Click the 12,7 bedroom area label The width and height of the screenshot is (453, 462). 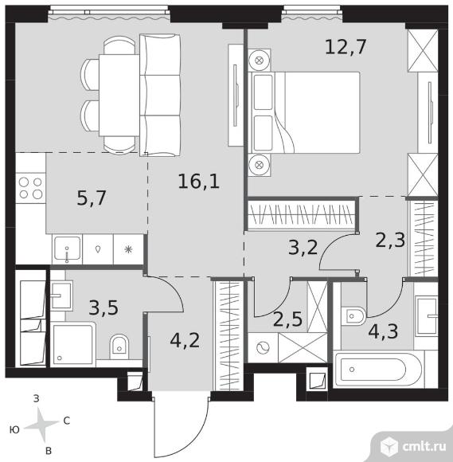(x=346, y=47)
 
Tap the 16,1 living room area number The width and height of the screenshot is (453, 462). (x=199, y=181)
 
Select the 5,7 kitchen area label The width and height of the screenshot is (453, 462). (x=92, y=198)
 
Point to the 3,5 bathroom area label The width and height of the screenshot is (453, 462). (x=103, y=307)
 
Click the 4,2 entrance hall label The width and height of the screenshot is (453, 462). (x=185, y=341)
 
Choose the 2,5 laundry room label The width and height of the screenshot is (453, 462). (x=287, y=319)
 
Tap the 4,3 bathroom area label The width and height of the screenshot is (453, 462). (x=383, y=331)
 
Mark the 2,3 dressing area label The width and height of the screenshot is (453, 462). (x=391, y=240)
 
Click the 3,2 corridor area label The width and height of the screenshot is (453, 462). (x=303, y=247)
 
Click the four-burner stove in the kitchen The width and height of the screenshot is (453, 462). (x=30, y=188)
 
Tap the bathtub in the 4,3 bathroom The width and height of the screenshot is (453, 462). (x=378, y=369)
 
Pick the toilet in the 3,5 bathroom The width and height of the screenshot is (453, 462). (x=119, y=346)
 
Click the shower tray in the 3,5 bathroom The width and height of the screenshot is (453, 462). (x=73, y=344)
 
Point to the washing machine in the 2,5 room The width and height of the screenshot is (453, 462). (x=263, y=348)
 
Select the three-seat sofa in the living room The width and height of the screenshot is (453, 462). (x=160, y=95)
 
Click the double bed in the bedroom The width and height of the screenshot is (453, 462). (x=304, y=112)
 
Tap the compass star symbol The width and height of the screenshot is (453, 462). (x=41, y=425)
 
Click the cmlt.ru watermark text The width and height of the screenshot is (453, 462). (x=424, y=447)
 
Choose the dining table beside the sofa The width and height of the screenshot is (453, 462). (x=119, y=95)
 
